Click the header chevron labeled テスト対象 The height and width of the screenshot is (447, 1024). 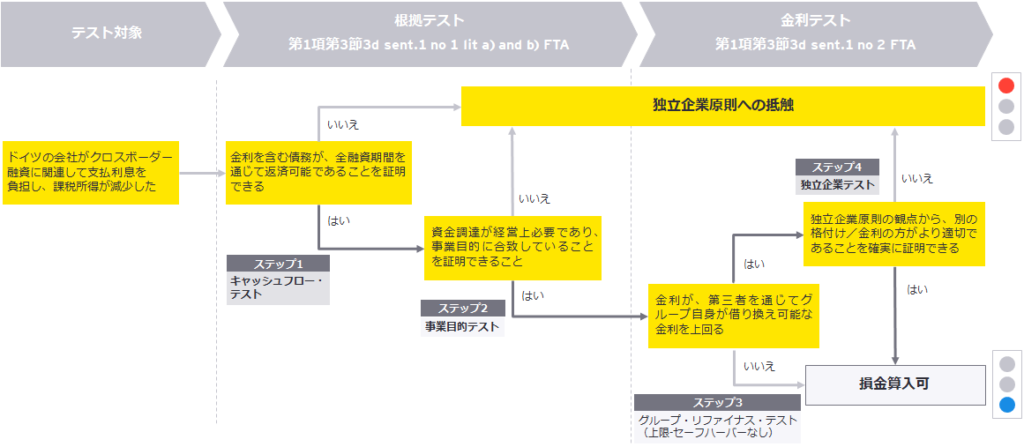click(107, 34)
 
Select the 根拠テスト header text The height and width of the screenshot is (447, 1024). click(430, 19)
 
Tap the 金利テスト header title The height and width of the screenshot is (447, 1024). click(815, 19)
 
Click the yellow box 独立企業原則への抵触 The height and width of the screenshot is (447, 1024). click(722, 106)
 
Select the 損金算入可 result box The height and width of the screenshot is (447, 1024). click(894, 384)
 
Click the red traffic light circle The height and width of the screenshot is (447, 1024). click(1006, 86)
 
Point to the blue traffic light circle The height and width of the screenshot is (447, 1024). click(1006, 406)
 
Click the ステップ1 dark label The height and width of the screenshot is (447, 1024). click(278, 264)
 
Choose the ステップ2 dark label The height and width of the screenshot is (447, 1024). click(462, 309)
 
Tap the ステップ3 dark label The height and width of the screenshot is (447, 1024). click(716, 402)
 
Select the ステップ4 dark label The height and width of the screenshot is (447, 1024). click(836, 167)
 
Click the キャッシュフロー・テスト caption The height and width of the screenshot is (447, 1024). click(277, 287)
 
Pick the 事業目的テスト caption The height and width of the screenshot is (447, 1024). click(462, 327)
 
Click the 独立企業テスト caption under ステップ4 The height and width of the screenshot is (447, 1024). click(836, 184)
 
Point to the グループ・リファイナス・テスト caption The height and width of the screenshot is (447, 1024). click(716, 427)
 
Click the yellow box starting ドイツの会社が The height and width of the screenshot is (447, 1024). click(90, 172)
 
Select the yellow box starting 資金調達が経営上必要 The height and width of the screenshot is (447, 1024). click(512, 247)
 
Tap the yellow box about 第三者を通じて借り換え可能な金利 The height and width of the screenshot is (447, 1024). click(733, 315)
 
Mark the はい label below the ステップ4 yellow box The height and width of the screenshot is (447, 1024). click(917, 289)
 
